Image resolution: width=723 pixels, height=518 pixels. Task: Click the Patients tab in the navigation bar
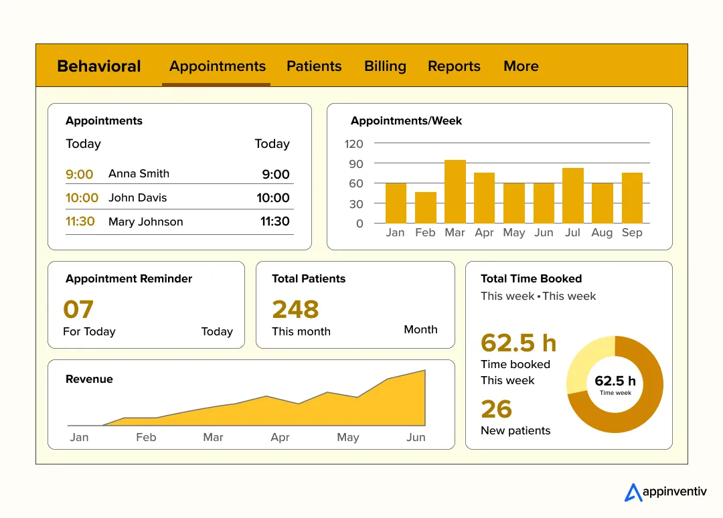tap(314, 66)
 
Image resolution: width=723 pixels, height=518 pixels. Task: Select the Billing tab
tap(385, 66)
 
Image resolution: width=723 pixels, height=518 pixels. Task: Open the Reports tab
tap(454, 66)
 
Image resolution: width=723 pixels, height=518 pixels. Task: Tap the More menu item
tap(521, 66)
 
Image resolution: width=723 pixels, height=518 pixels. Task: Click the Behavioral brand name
tap(99, 66)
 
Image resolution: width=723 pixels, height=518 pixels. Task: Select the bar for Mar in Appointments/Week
tap(455, 191)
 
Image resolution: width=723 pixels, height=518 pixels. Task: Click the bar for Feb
tap(426, 207)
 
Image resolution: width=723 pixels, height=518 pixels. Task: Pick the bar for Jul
tap(573, 195)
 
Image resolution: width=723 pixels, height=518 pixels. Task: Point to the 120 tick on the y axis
tap(354, 144)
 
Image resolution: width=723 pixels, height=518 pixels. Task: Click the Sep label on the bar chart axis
tap(632, 232)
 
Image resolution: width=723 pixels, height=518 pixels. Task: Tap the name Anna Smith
tap(139, 173)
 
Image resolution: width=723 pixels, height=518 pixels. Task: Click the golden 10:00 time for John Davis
tap(82, 197)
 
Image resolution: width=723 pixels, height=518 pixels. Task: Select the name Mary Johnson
tap(145, 222)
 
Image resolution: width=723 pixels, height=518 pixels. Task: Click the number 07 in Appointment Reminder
tap(78, 309)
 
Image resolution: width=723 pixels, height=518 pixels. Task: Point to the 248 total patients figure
tap(295, 309)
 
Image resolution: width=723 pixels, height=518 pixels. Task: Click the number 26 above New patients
tap(496, 409)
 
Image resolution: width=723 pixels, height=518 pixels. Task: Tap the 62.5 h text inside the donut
tap(615, 381)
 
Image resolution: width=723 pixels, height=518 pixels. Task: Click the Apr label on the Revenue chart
tap(280, 437)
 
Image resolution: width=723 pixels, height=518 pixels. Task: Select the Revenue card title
tap(89, 379)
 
